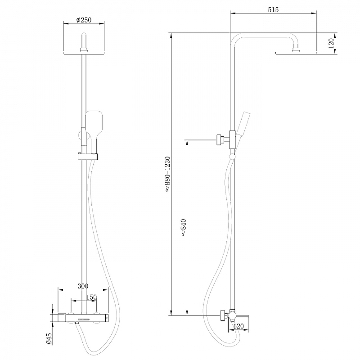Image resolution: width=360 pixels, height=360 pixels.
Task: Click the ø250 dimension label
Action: click(x=84, y=20)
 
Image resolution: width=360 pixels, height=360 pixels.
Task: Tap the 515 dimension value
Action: click(x=273, y=9)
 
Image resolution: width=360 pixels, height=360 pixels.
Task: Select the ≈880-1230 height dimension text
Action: click(x=167, y=174)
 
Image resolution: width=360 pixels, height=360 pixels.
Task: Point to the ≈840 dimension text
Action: click(x=184, y=228)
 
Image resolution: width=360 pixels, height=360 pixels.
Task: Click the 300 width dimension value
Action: click(x=83, y=286)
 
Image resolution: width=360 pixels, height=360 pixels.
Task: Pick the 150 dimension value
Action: click(x=91, y=297)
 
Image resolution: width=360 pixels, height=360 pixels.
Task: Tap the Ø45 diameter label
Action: click(x=49, y=338)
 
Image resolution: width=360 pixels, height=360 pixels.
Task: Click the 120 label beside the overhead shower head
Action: click(x=331, y=43)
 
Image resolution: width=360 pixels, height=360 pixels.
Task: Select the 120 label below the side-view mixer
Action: click(x=238, y=326)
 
